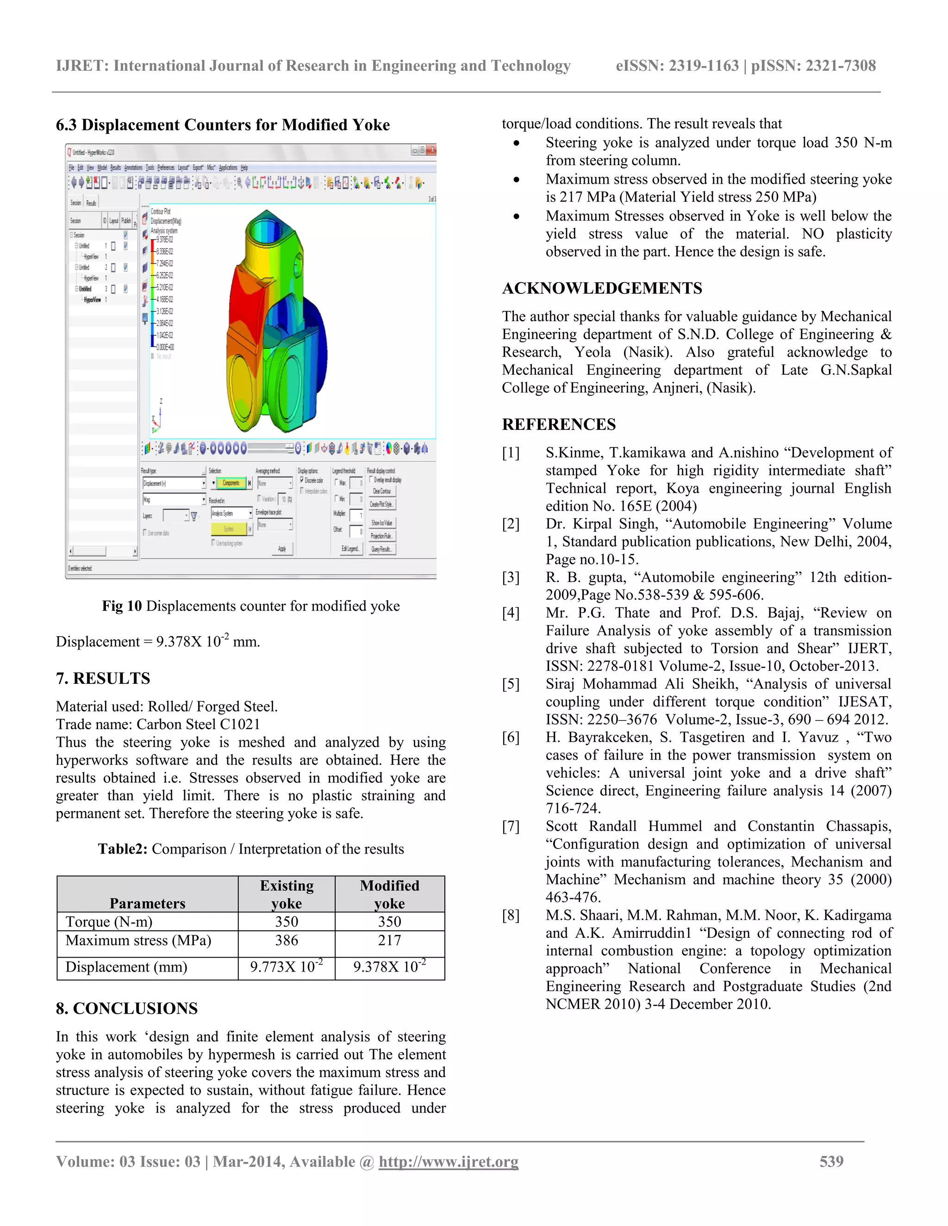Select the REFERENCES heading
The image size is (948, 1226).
click(x=558, y=424)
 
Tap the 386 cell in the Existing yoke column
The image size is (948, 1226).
click(x=287, y=940)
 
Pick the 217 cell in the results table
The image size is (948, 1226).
click(x=389, y=940)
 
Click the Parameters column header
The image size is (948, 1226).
click(x=147, y=903)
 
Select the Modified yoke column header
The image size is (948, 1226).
click(x=389, y=894)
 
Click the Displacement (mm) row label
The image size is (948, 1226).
click(x=126, y=966)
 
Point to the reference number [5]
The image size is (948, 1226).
click(x=511, y=684)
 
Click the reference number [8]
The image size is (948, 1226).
click(x=511, y=915)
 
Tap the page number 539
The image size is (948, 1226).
click(x=831, y=1161)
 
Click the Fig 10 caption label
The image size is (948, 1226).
click(x=122, y=606)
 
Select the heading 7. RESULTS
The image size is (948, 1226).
click(x=103, y=678)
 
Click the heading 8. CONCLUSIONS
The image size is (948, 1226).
click(x=126, y=1008)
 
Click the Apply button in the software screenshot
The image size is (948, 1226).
click(x=282, y=548)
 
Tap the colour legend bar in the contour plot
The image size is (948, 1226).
click(x=153, y=293)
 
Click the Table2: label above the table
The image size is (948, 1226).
click(x=122, y=849)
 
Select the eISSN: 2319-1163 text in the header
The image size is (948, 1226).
click(x=677, y=66)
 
